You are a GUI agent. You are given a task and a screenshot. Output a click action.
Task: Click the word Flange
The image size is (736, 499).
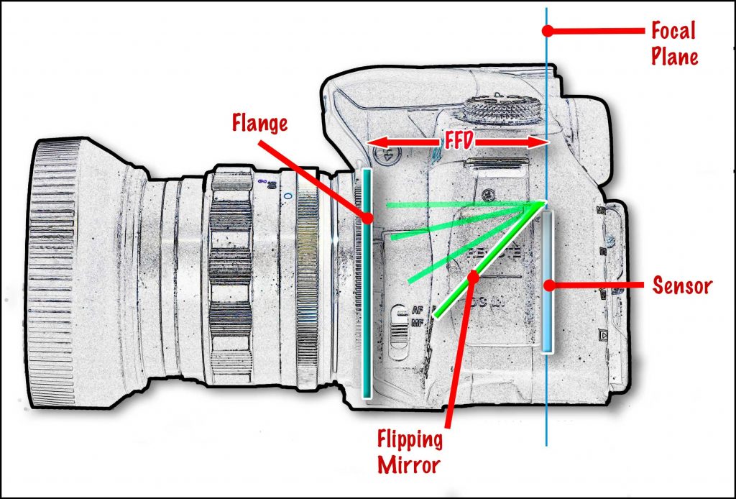coord(259,123)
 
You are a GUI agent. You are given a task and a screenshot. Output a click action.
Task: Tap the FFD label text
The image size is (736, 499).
coord(457,142)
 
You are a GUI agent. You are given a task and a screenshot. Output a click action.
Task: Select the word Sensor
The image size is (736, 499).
coord(681,285)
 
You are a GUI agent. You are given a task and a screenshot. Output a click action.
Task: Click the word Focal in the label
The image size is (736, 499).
coord(673,31)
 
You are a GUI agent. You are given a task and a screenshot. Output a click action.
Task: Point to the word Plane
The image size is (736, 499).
coord(675,56)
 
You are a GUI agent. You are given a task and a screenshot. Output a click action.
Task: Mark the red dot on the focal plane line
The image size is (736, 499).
coord(548,31)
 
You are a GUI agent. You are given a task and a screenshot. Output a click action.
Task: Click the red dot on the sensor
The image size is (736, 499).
coord(549,285)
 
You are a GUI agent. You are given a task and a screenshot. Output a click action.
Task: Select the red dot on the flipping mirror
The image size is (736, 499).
coord(473,276)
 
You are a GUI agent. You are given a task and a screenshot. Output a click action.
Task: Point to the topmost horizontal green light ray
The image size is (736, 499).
coord(460,205)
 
